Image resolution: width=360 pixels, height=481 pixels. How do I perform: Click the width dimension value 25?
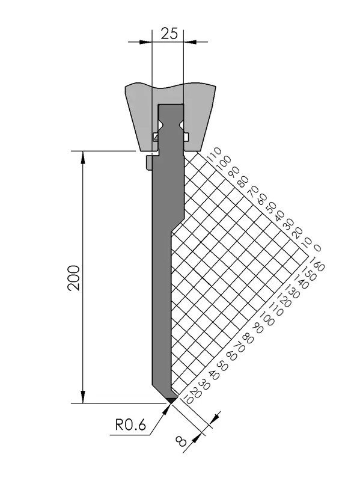tap(169, 34)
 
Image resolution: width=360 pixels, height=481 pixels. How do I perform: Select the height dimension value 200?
tap(74, 278)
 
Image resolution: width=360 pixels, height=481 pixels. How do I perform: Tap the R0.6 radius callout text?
tap(130, 425)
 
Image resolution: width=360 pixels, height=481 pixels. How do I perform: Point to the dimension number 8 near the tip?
tap(182, 442)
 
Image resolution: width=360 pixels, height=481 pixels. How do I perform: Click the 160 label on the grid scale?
tap(317, 265)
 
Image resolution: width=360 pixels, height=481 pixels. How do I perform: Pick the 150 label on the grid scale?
tap(308, 274)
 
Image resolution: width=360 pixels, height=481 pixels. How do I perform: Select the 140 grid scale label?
tap(301, 281)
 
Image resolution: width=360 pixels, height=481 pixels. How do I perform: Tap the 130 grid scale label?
tap(291, 290)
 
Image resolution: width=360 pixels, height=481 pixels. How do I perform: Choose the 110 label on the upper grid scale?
tap(214, 155)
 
